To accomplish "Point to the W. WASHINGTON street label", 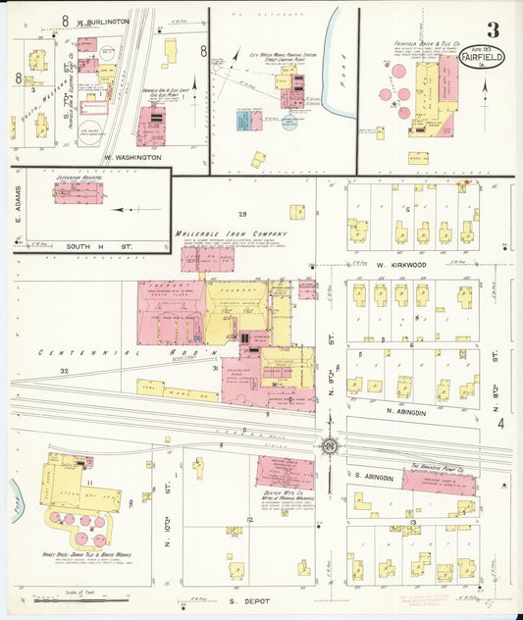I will pyautogui.click(x=132, y=157).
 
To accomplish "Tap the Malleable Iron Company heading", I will pyautogui.click(x=232, y=233).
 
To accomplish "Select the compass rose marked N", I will pyautogui.click(x=331, y=447).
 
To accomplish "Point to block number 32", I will pyautogui.click(x=64, y=371).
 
